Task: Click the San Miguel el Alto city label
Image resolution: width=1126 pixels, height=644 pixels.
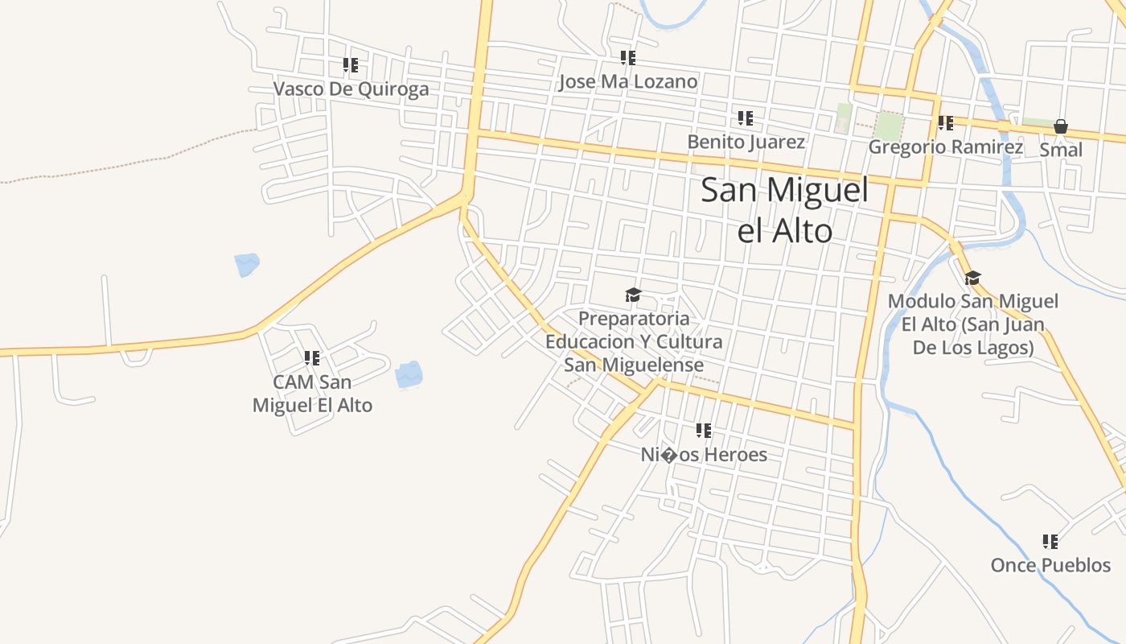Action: [785, 210]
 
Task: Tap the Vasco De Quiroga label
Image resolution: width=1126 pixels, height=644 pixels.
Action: [351, 89]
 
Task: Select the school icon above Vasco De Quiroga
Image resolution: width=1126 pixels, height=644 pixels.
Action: [351, 65]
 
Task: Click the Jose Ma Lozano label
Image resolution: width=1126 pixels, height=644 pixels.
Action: [627, 81]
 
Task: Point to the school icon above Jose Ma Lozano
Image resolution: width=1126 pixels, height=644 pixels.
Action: [627, 58]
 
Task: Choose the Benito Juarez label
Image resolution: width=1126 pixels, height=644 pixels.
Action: [746, 142]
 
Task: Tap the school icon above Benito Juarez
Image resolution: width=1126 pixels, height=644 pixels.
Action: [746, 119]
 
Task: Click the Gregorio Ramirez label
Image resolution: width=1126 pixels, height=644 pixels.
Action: [945, 147]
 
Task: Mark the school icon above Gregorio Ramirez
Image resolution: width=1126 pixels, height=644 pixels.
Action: [946, 123]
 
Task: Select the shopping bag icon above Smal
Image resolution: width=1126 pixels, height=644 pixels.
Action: [1061, 126]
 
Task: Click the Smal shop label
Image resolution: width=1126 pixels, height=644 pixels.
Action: [1061, 150]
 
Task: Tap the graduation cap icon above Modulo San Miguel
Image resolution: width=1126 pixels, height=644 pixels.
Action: [973, 279]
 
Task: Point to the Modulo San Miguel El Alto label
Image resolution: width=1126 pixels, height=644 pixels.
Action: [973, 324]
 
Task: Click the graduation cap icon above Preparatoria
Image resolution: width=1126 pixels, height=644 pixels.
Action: [634, 295]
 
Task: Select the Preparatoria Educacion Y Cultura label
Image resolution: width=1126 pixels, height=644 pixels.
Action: [634, 341]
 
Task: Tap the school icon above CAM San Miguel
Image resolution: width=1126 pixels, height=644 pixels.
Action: [312, 358]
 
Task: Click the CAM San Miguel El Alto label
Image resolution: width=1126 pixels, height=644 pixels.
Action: [312, 393]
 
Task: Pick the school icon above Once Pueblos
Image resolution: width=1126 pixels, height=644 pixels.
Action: [1050, 542]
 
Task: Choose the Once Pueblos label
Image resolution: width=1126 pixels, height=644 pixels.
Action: [1050, 565]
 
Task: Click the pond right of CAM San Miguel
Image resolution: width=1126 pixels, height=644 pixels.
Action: [409, 374]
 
